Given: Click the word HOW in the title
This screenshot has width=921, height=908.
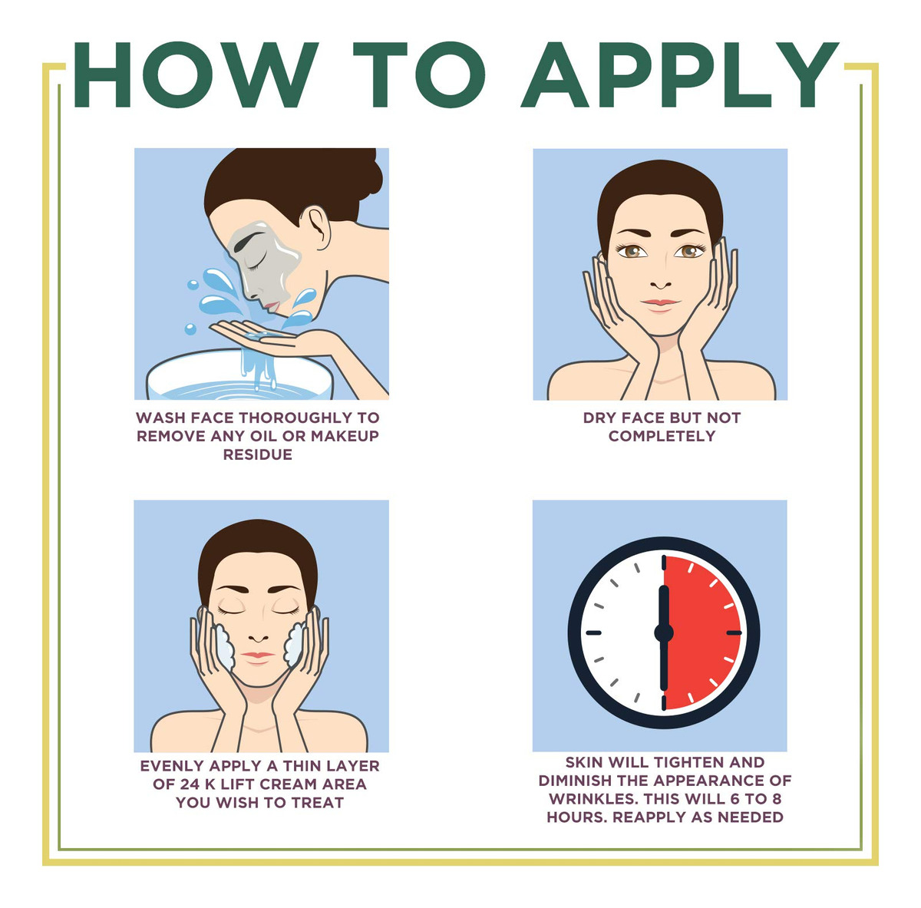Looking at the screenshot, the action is click(196, 74).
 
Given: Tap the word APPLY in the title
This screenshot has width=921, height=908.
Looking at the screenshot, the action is click(679, 74).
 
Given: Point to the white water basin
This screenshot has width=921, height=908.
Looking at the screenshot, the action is click(239, 375).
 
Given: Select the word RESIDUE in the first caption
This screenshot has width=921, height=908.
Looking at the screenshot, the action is click(258, 454).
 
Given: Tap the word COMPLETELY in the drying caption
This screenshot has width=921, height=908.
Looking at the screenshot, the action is click(662, 436).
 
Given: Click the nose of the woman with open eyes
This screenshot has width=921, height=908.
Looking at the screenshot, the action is click(661, 283).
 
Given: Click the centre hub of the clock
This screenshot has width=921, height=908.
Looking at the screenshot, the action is click(664, 632).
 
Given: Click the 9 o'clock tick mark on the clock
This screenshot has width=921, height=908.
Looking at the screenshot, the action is click(593, 632).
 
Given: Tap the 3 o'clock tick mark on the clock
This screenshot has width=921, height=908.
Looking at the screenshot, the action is click(734, 632).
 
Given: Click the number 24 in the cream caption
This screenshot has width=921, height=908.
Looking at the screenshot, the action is click(190, 784).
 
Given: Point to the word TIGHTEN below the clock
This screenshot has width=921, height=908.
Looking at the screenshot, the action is click(690, 762).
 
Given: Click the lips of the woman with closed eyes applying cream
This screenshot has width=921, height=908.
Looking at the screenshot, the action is click(258, 655).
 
